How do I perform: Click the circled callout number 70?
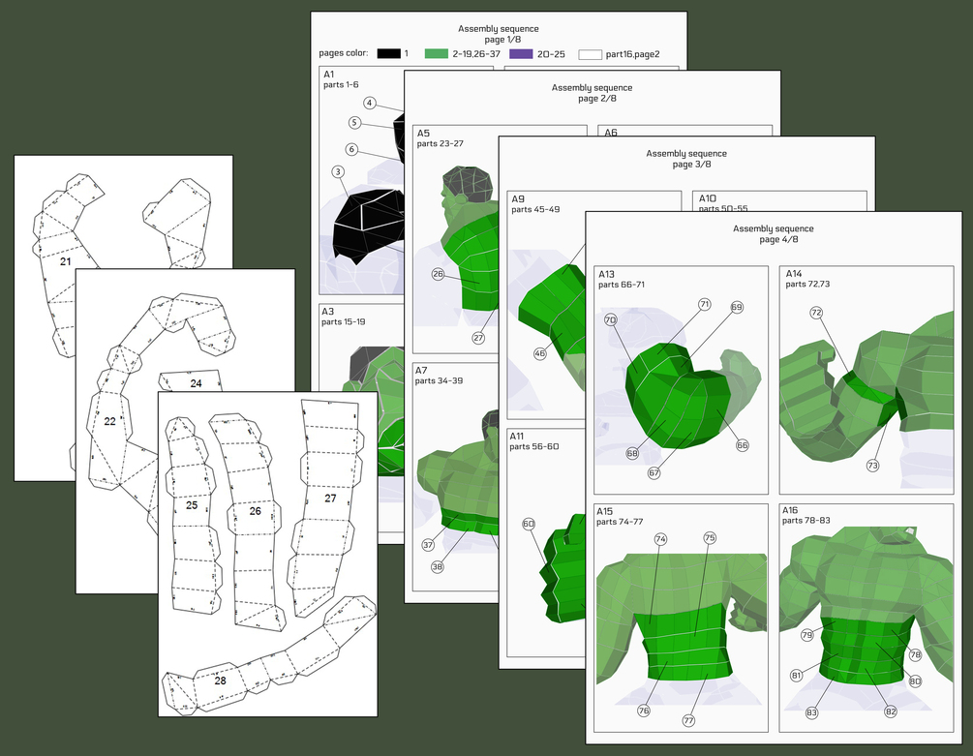[x=610, y=319]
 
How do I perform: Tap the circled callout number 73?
[x=872, y=466]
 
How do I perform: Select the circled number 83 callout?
[x=811, y=712]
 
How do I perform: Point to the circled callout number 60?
[x=529, y=524]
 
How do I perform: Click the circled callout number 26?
[x=438, y=274]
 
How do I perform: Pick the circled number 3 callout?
[x=338, y=171]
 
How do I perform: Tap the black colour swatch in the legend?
[x=389, y=54]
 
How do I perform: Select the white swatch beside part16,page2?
[x=589, y=55]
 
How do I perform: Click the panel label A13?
[x=608, y=274]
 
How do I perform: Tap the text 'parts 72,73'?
[x=807, y=285]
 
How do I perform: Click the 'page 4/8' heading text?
[x=773, y=239]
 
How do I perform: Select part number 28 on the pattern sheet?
[x=220, y=680]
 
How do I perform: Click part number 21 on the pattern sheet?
[x=65, y=261]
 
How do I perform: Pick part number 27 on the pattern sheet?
[x=330, y=498]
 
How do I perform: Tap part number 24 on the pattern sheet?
[x=196, y=383]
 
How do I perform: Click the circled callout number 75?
[x=710, y=537]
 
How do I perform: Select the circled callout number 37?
[x=428, y=545]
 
